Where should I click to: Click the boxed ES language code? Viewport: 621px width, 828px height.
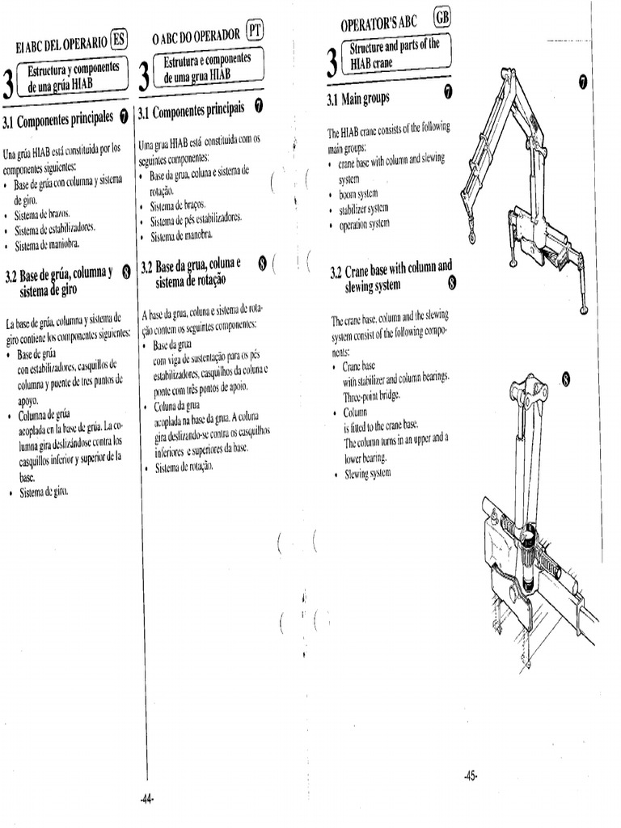tap(119, 38)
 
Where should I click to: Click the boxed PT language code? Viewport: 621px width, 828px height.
tap(256, 32)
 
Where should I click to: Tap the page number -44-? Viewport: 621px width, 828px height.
tap(146, 800)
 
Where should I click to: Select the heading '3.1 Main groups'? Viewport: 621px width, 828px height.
tap(358, 99)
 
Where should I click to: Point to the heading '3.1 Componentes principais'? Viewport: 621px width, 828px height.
tap(192, 110)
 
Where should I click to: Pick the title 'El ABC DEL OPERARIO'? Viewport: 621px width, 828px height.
tap(55, 43)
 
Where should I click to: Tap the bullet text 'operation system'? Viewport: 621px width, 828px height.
tap(365, 224)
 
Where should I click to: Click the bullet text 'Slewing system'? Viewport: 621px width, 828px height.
tap(368, 473)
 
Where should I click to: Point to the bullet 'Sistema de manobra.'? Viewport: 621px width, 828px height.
tap(181, 236)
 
